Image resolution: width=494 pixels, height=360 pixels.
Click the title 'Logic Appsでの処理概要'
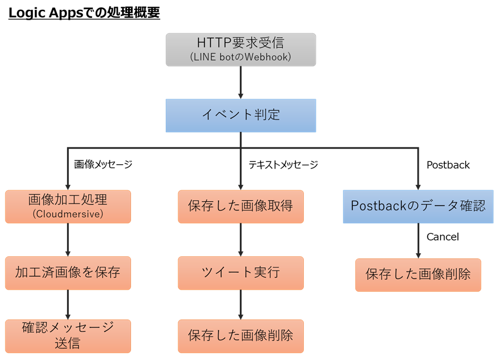[x=84, y=13]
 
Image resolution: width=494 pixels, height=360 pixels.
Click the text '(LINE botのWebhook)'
[x=240, y=57]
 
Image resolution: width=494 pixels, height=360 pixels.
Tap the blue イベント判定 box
[x=240, y=115]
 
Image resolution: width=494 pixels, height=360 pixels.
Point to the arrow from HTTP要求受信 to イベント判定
[x=240, y=82]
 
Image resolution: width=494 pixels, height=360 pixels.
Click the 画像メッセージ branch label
[x=103, y=164]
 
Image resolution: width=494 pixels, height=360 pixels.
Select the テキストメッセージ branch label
[x=283, y=164]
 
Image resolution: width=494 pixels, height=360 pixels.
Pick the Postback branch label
[x=448, y=165]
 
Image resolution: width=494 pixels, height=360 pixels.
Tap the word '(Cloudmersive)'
[x=68, y=214]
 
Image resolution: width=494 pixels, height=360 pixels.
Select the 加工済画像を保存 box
[x=68, y=273]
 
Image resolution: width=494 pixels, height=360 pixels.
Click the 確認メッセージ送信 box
[x=68, y=335]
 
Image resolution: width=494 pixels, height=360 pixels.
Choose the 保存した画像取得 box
[x=240, y=206]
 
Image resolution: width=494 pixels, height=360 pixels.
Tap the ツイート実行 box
[x=240, y=273]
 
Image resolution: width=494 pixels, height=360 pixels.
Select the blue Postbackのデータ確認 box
[x=418, y=206]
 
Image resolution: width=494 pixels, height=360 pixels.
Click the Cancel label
[x=442, y=237]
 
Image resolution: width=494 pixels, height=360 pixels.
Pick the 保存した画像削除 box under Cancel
[x=418, y=274]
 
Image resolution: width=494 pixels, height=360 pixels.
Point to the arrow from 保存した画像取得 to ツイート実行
[x=240, y=240]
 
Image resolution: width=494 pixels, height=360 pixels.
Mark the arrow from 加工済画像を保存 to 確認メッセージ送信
[x=68, y=304]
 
